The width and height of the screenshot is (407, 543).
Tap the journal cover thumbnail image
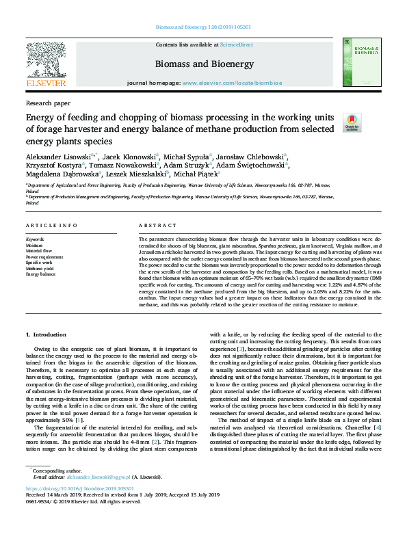363,62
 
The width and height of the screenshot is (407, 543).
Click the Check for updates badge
352,122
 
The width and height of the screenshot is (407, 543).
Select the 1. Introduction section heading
46,334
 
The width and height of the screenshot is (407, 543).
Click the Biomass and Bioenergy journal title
203,64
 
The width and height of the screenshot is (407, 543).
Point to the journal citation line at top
203,28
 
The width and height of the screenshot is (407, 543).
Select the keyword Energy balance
40,274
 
